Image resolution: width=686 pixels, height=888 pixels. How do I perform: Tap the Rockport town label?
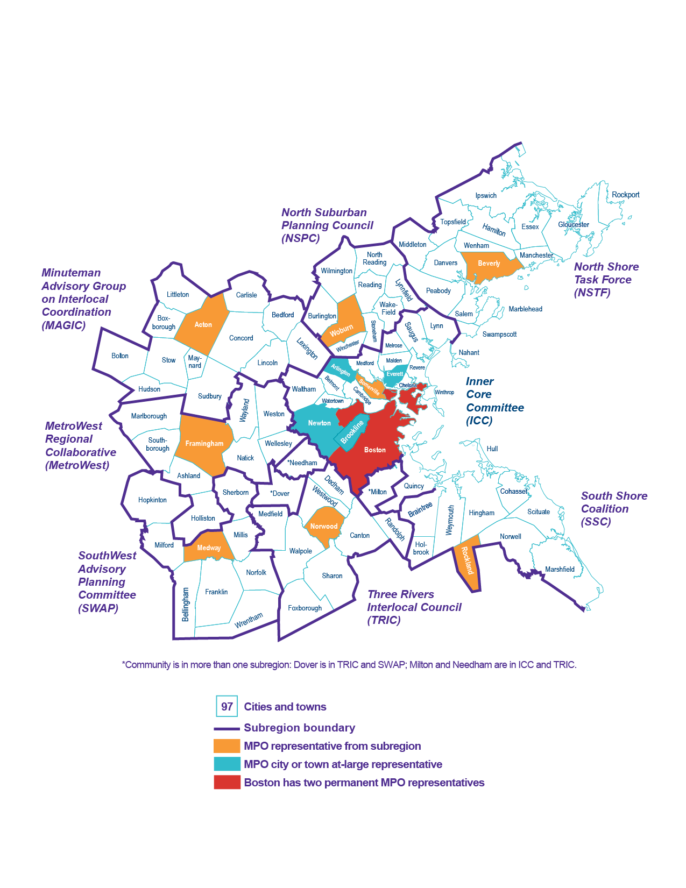pyautogui.click(x=625, y=195)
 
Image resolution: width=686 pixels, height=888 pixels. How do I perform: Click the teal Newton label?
pyautogui.click(x=319, y=423)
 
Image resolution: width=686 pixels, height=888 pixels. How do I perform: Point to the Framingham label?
pyautogui.click(x=204, y=444)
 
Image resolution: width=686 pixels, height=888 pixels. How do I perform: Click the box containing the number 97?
pyautogui.click(x=227, y=706)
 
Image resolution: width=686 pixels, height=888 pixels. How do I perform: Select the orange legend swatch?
pyautogui.click(x=227, y=746)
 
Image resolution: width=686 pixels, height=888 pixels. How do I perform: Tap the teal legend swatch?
pyautogui.click(x=227, y=764)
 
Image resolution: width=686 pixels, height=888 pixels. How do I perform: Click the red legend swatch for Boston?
pyautogui.click(x=227, y=783)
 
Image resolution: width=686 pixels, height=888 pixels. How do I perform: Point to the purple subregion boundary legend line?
pyautogui.click(x=227, y=729)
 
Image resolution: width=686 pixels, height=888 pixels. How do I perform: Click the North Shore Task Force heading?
pyautogui.click(x=606, y=280)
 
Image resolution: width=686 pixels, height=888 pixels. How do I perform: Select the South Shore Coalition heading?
pyautogui.click(x=613, y=509)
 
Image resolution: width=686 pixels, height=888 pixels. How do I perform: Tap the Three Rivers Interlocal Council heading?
pyautogui.click(x=414, y=607)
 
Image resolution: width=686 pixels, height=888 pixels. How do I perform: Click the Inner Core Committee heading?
pyautogui.click(x=494, y=401)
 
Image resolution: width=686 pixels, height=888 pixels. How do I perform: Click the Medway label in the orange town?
pyautogui.click(x=209, y=548)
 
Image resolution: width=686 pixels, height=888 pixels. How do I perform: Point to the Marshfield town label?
pyautogui.click(x=560, y=570)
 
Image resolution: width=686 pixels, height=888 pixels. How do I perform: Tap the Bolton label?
pyautogui.click(x=119, y=356)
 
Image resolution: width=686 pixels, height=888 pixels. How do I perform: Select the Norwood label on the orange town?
pyautogui.click(x=323, y=527)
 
